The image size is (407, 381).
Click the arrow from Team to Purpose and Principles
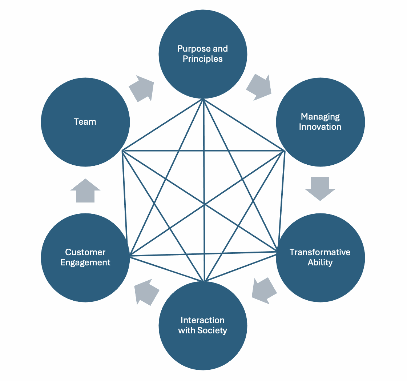click(142, 89)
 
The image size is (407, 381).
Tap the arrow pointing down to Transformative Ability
click(320, 189)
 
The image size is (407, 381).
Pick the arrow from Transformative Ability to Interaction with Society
click(264, 290)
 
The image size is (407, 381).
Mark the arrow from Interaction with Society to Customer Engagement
click(146, 292)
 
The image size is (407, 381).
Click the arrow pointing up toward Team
click(85, 190)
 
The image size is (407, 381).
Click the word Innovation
click(320, 127)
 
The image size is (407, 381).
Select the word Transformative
click(320, 252)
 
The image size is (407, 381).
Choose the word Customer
click(85, 252)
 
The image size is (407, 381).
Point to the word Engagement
click(85, 262)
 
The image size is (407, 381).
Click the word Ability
click(320, 262)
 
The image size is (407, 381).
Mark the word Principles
click(202, 59)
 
